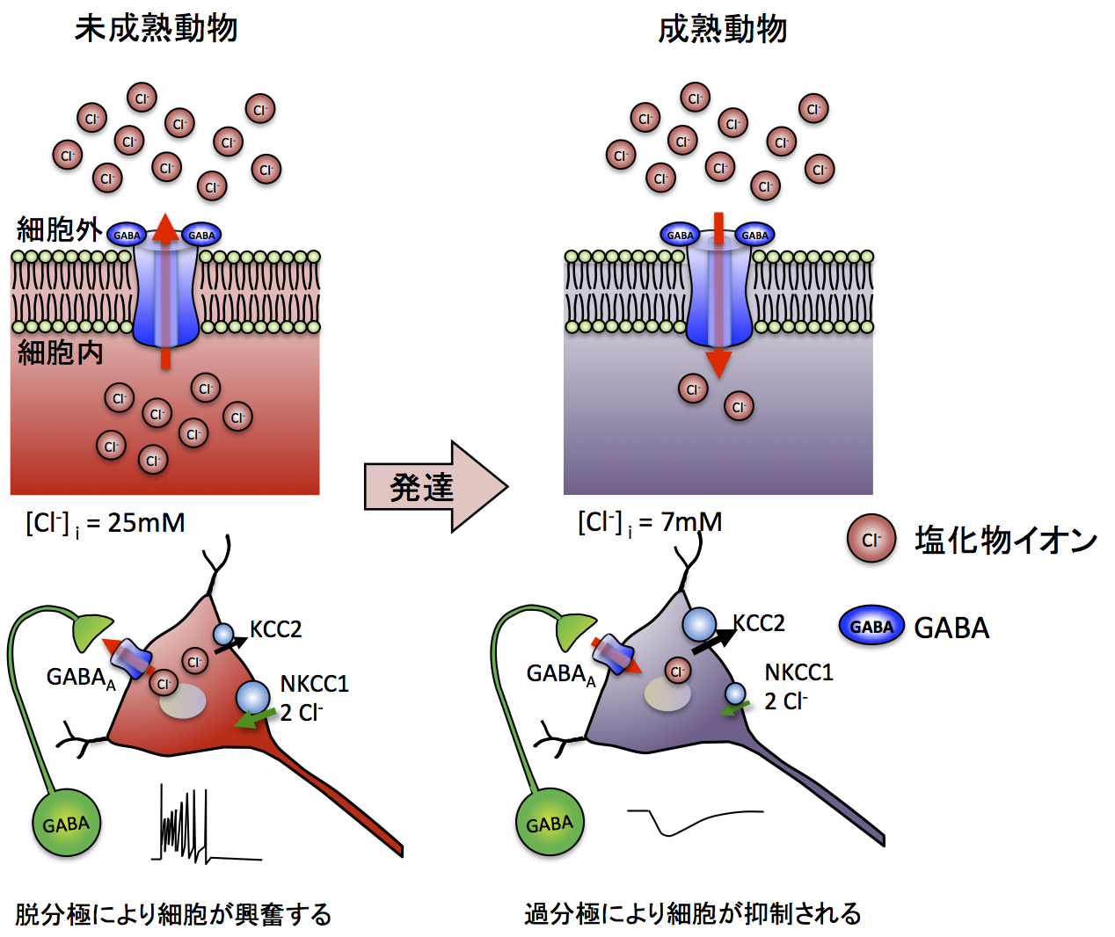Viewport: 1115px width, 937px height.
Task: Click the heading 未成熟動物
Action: click(x=156, y=29)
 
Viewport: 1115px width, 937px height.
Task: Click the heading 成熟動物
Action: click(x=722, y=30)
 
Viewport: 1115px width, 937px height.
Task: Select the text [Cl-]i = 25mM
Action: click(x=106, y=524)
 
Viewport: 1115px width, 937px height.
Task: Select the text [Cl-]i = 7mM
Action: click(x=650, y=523)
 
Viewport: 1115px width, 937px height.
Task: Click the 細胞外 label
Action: click(x=59, y=230)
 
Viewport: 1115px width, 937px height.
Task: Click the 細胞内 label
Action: click(x=61, y=352)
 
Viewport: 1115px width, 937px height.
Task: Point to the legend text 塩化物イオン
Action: click(x=1005, y=540)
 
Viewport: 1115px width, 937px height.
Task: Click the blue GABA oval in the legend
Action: click(x=871, y=627)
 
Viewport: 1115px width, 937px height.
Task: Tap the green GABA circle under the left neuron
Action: click(x=66, y=824)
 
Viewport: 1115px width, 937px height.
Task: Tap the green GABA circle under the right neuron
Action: click(x=550, y=824)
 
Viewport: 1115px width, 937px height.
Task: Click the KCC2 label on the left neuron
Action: click(x=275, y=629)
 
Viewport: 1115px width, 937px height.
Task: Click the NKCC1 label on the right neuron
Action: click(x=798, y=672)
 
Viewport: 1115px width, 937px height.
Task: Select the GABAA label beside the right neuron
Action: click(x=560, y=675)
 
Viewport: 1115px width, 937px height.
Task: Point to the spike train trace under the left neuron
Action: click(x=189, y=826)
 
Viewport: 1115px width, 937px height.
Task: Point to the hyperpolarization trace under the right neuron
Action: click(x=695, y=821)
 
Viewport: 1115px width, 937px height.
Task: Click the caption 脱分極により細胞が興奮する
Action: click(x=173, y=914)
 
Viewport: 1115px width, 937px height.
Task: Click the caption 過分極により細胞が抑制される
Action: click(x=692, y=913)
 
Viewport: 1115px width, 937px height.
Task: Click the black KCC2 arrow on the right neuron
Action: click(x=712, y=641)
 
